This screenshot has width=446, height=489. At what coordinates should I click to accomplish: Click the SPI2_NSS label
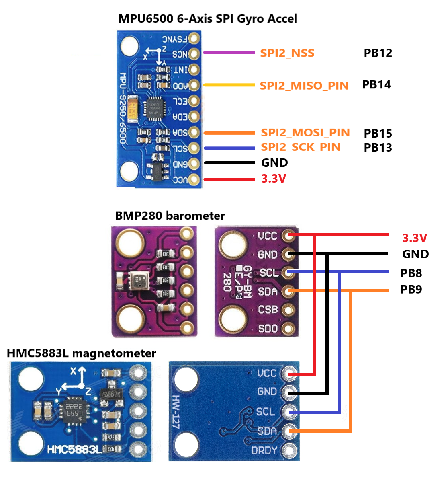coord(287,53)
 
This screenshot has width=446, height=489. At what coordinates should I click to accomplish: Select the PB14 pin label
coord(376,85)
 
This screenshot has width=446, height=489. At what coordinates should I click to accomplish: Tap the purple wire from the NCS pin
coord(229,53)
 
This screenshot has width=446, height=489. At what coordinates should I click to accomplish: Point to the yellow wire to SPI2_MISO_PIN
coord(229,85)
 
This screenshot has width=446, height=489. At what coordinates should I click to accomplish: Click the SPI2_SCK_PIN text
coord(301,147)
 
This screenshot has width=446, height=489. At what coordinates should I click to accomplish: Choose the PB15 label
coord(378,134)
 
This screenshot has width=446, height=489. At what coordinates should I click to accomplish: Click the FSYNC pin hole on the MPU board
coord(194,39)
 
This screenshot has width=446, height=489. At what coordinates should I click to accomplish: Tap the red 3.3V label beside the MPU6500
coord(274,179)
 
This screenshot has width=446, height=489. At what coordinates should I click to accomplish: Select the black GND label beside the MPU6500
coord(274,163)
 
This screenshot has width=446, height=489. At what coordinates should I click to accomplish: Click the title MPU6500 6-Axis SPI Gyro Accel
coord(207,18)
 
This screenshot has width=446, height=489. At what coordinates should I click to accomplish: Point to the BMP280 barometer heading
coord(170,216)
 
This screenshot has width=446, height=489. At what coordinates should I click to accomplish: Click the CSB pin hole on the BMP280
coord(288,310)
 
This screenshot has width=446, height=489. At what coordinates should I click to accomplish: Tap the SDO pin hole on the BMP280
coord(288,329)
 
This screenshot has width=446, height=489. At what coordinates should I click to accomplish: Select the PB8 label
coord(411,273)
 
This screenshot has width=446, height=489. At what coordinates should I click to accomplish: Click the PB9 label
coord(411,290)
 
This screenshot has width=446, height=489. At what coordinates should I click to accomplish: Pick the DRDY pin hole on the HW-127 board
coord(289,450)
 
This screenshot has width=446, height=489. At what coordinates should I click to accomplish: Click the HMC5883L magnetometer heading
coord(82,353)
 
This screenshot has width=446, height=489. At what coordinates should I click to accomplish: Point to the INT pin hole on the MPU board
coord(194,70)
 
